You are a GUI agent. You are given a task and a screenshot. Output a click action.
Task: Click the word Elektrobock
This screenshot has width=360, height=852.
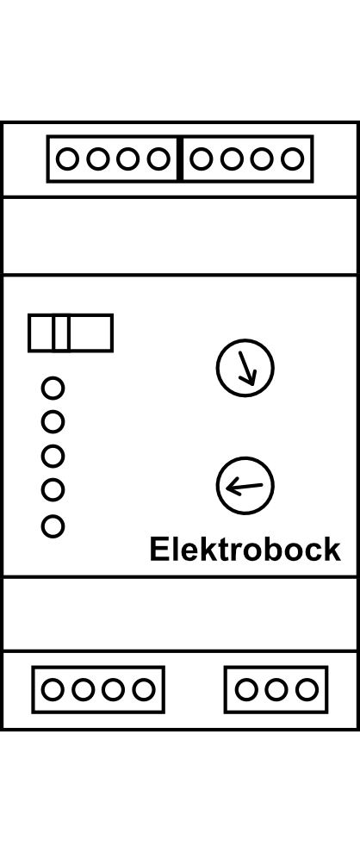click(245, 550)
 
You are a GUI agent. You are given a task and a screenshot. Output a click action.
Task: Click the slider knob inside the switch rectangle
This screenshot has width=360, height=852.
click(61, 333)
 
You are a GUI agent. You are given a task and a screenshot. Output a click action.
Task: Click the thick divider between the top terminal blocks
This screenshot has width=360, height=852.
click(180, 159)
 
